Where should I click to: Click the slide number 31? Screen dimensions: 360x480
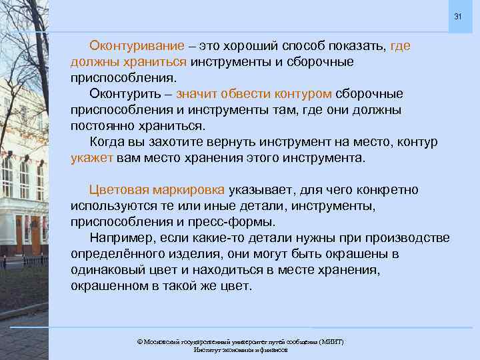coord(457,17)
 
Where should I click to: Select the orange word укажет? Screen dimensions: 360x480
coord(92,159)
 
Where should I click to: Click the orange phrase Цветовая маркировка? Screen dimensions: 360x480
coord(157,190)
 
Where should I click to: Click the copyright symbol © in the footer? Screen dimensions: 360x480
coord(139,341)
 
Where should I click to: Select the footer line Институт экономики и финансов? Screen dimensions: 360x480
coord(240,349)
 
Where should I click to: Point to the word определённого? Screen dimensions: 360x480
coord(115,255)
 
